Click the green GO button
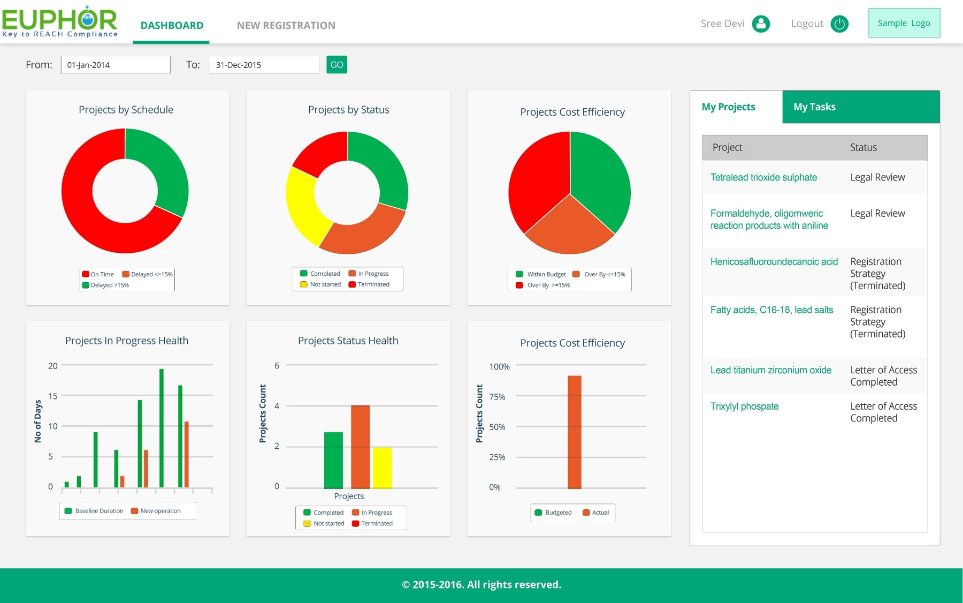337,65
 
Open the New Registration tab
286,25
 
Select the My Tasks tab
814,107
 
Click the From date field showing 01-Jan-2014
116,65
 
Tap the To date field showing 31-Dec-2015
264,65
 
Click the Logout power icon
839,24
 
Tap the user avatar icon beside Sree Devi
760,24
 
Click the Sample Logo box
904,23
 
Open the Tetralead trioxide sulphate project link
763,177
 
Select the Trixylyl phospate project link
744,406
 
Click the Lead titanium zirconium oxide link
770,370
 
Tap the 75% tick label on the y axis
497,397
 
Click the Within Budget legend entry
541,274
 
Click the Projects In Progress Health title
127,341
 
